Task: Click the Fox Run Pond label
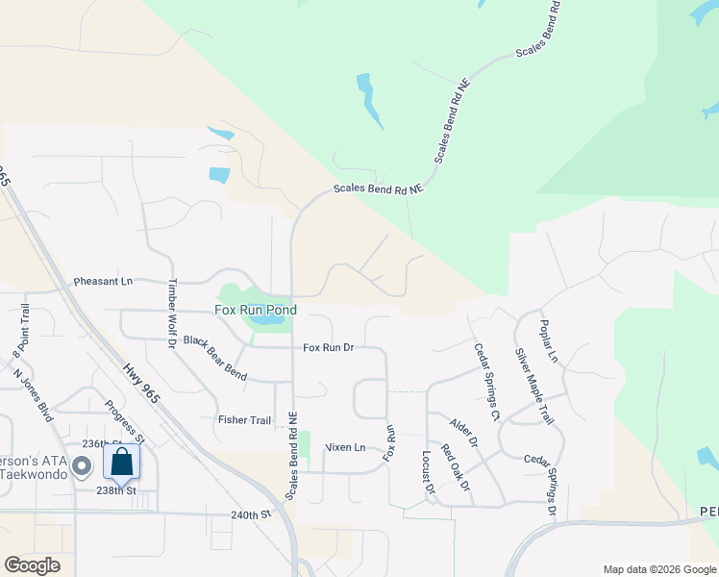pyautogui.click(x=255, y=311)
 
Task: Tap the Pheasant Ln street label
pyautogui.click(x=103, y=283)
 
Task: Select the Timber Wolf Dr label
pyautogui.click(x=173, y=313)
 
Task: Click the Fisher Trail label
pyautogui.click(x=245, y=419)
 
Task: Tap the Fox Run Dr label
pyautogui.click(x=329, y=347)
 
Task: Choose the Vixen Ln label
pyautogui.click(x=346, y=447)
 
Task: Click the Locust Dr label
pyautogui.click(x=429, y=473)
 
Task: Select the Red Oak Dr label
pyautogui.click(x=455, y=467)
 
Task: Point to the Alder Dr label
pyautogui.click(x=464, y=431)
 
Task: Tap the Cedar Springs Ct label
pyautogui.click(x=487, y=382)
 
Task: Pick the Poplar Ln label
pyautogui.click(x=549, y=340)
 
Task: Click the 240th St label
pyautogui.click(x=252, y=514)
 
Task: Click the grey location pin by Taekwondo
pyautogui.click(x=83, y=467)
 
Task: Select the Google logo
pyautogui.click(x=32, y=565)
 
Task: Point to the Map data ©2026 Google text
pyautogui.click(x=658, y=569)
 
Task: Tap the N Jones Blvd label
pyautogui.click(x=32, y=391)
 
